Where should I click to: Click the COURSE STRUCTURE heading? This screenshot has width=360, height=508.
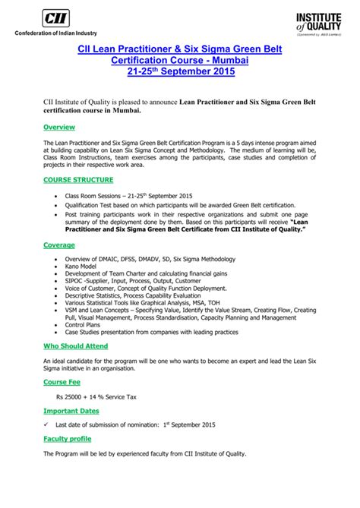pyautogui.click(x=79, y=180)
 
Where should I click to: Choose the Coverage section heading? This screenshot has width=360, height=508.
pyautogui.click(x=59, y=245)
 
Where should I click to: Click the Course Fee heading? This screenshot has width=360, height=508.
pyautogui.click(x=63, y=381)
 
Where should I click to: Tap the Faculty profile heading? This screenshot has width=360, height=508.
pyautogui.click(x=68, y=439)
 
